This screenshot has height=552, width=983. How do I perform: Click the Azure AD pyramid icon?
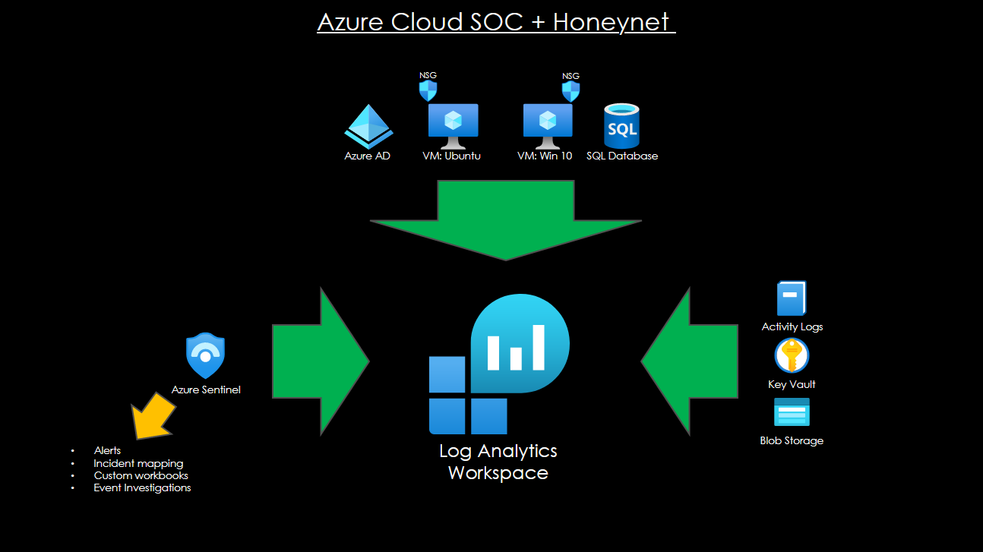pos(368,126)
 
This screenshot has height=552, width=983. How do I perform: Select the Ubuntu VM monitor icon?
pos(453,125)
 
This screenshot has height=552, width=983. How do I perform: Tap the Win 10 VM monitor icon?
pos(548,125)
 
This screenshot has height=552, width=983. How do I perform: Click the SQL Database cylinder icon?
pos(621,126)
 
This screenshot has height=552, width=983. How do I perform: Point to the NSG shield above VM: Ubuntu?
pos(428,91)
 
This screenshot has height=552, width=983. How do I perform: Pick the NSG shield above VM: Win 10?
pos(571,91)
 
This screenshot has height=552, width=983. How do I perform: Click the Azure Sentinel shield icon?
pos(206,355)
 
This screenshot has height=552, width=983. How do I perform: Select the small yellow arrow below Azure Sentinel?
pos(153,415)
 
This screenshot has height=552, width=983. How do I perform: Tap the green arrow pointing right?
pos(320,361)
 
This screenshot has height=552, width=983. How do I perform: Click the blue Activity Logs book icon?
pos(791,298)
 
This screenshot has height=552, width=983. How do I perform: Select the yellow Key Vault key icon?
pos(792,356)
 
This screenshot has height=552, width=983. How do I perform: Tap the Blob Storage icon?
pos(792,412)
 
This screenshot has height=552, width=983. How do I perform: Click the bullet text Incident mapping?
pos(138,463)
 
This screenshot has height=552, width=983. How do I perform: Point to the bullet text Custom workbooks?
pos(141,475)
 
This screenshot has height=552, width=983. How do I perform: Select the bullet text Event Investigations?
pos(142,488)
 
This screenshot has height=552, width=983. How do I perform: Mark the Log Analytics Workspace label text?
pos(498,462)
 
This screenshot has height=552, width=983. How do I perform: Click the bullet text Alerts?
pos(107,451)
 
